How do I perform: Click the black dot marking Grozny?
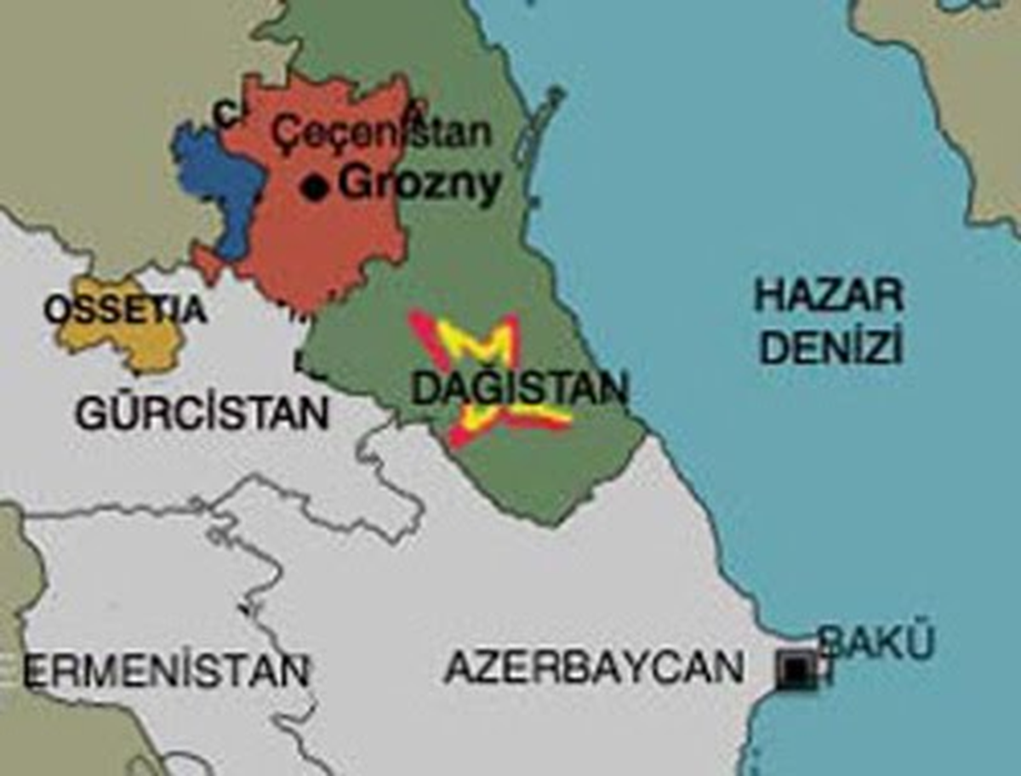click(x=316, y=187)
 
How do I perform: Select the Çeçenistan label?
click(x=380, y=133)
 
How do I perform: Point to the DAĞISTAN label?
click(x=519, y=389)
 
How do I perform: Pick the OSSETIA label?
click(x=125, y=310)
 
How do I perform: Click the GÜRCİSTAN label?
click(x=202, y=414)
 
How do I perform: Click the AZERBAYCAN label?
click(x=594, y=667)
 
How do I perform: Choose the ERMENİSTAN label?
click(x=166, y=670)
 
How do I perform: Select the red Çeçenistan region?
click(x=332, y=247)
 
